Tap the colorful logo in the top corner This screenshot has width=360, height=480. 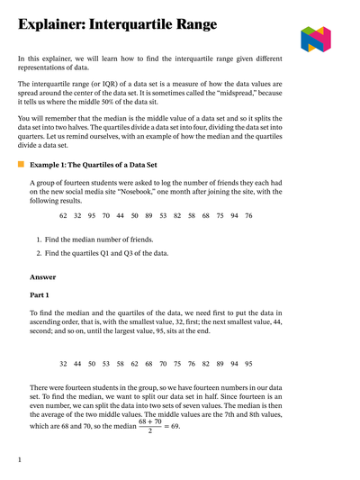(x=316, y=39)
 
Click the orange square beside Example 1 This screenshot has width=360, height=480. (x=21, y=166)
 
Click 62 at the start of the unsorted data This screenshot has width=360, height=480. (x=63, y=216)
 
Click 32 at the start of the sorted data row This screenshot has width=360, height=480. (x=63, y=363)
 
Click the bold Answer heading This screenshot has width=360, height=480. (x=41, y=277)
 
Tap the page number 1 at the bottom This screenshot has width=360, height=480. (x=20, y=460)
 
